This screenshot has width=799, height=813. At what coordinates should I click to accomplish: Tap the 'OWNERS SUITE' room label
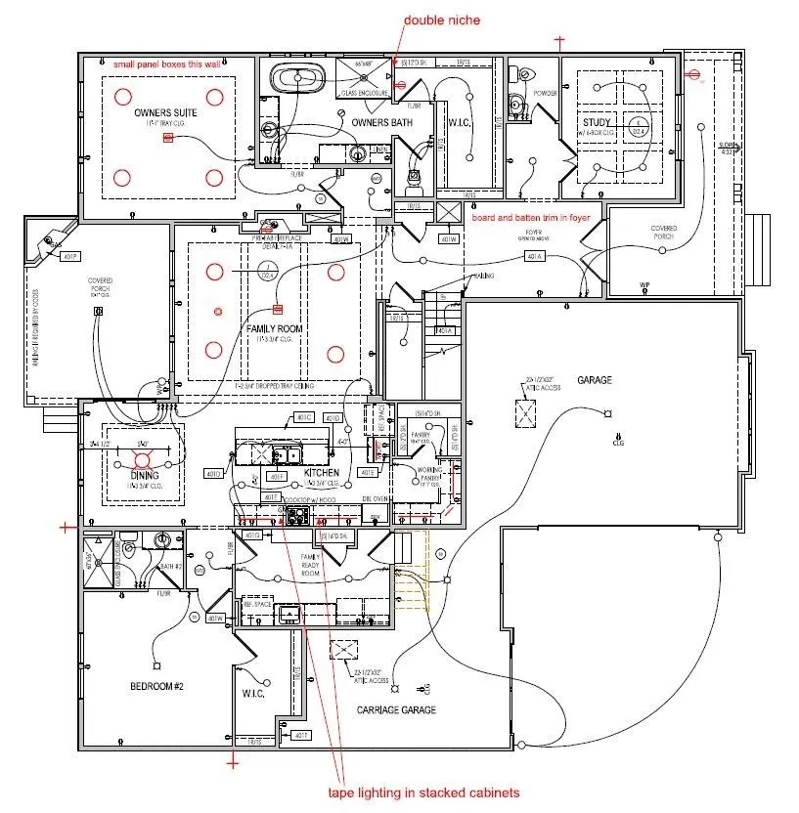coord(166,113)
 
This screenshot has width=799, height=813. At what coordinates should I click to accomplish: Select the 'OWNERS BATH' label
coord(381,122)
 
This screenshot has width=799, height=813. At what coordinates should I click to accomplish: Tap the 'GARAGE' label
coord(594,380)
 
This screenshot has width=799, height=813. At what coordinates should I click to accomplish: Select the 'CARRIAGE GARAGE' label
coord(395,709)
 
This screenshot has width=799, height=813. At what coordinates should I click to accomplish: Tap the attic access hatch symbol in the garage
coord(526,413)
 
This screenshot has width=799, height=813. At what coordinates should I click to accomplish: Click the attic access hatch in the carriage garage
coord(344,652)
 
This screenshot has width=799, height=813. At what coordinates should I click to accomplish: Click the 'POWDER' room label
coord(545,94)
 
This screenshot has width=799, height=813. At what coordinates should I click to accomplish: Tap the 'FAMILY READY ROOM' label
coord(310,564)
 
